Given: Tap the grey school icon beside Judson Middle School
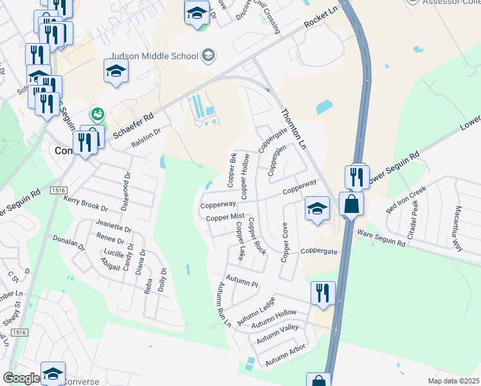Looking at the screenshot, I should (208, 55).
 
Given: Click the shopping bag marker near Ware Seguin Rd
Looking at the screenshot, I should (351, 205).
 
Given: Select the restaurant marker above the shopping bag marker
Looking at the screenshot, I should (357, 177).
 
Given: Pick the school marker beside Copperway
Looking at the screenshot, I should (317, 209).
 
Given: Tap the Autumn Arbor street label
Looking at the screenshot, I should (285, 355).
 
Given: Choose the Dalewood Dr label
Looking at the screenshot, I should (125, 185).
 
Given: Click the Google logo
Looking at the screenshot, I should (21, 378).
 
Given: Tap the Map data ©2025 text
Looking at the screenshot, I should (453, 381).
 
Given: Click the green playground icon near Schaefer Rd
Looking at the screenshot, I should (98, 114).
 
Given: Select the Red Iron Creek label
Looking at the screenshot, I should (406, 199).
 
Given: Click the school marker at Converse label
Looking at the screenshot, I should (53, 374).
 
